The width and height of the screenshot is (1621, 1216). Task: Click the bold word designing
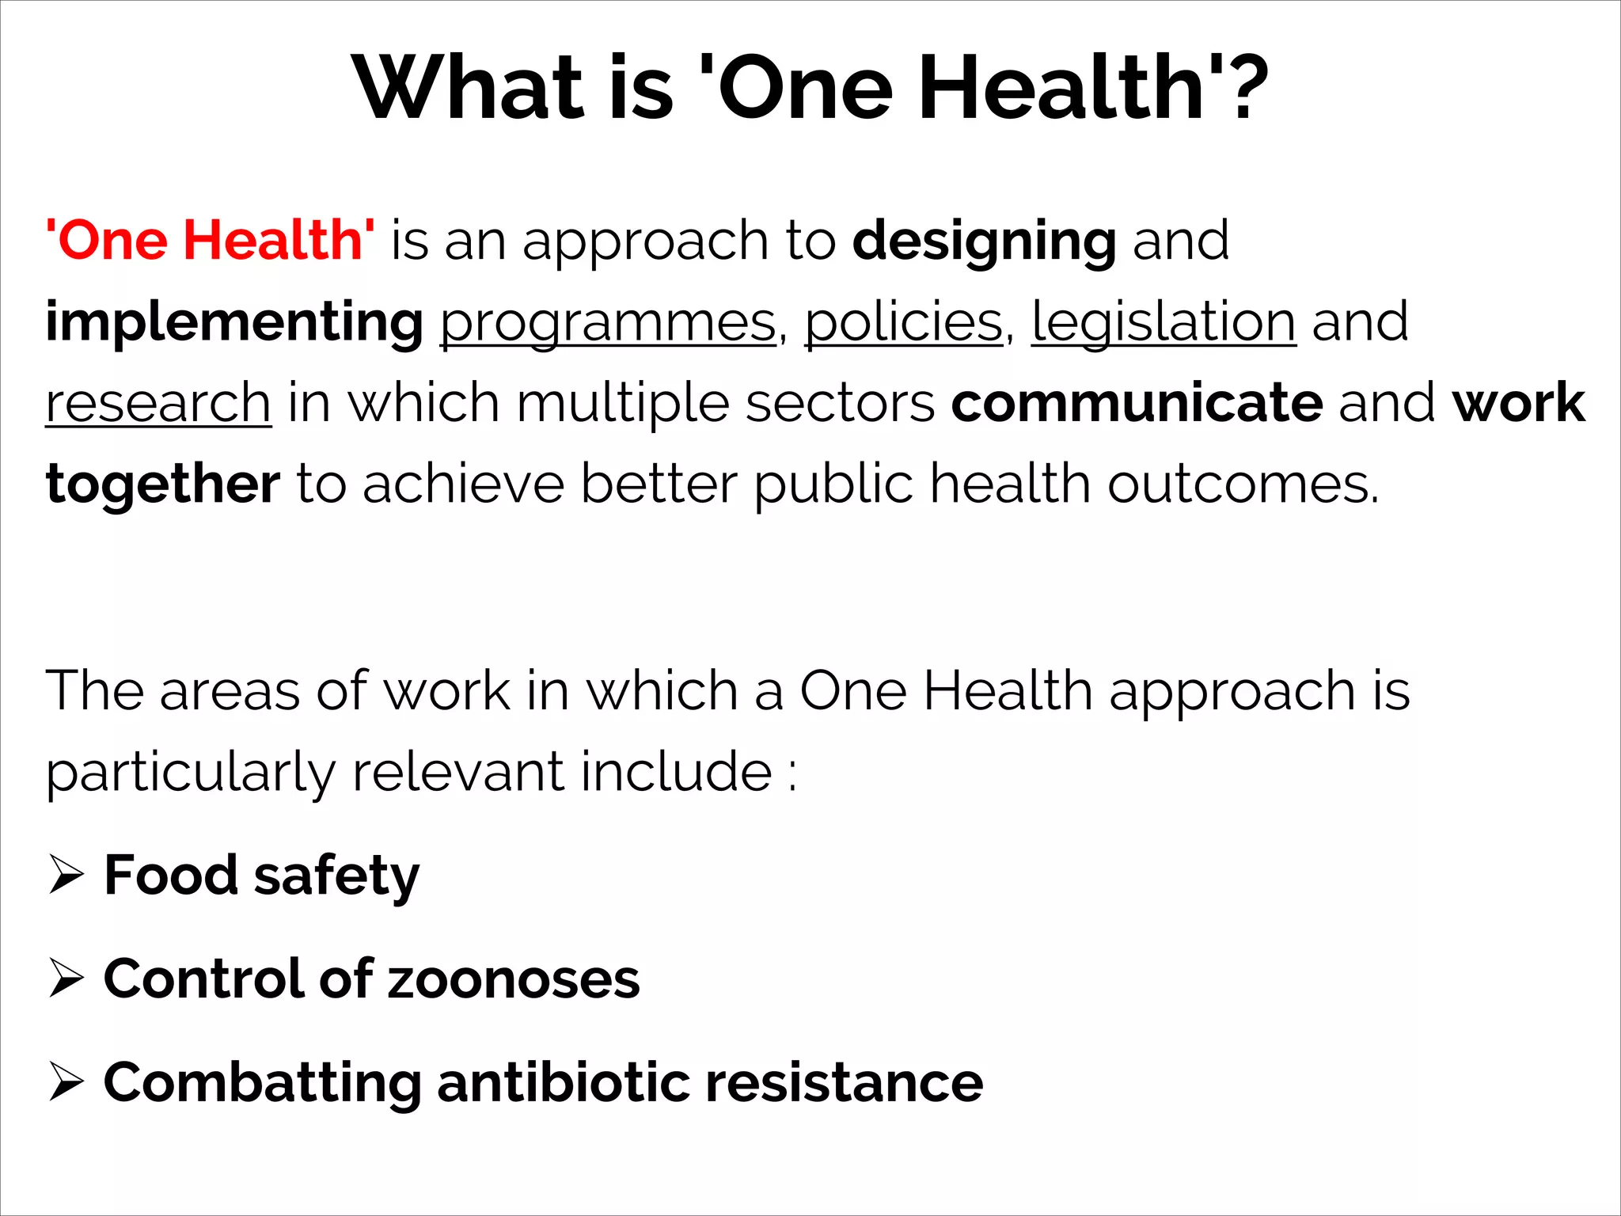[x=984, y=241]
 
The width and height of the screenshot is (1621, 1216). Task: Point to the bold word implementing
[x=234, y=323]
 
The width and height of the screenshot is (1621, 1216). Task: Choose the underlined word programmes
[x=608, y=323]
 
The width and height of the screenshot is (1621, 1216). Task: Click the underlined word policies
[x=904, y=323]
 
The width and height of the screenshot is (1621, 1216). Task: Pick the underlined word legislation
[x=1164, y=323]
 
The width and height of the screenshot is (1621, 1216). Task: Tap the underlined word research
[x=158, y=404]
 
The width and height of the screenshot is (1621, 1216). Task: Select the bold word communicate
[x=1137, y=404]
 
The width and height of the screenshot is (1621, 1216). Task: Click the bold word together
[x=163, y=484]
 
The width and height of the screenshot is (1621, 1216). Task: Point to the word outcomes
[x=1243, y=484]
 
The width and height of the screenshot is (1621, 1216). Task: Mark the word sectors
[x=841, y=404]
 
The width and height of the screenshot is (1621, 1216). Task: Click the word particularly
[x=190, y=773]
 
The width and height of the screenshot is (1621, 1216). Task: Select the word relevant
[x=457, y=773]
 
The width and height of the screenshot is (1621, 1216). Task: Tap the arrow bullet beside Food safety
[x=66, y=874]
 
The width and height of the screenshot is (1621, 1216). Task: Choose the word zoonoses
[x=514, y=980]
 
